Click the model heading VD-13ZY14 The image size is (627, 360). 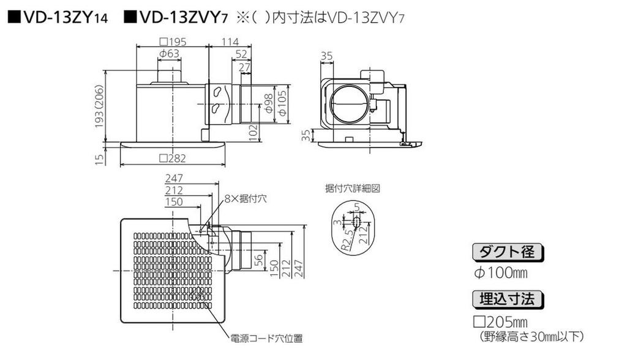(58, 17)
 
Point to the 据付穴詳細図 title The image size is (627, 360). (352, 189)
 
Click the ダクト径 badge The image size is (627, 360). (508, 252)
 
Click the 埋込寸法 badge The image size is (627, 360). (508, 299)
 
